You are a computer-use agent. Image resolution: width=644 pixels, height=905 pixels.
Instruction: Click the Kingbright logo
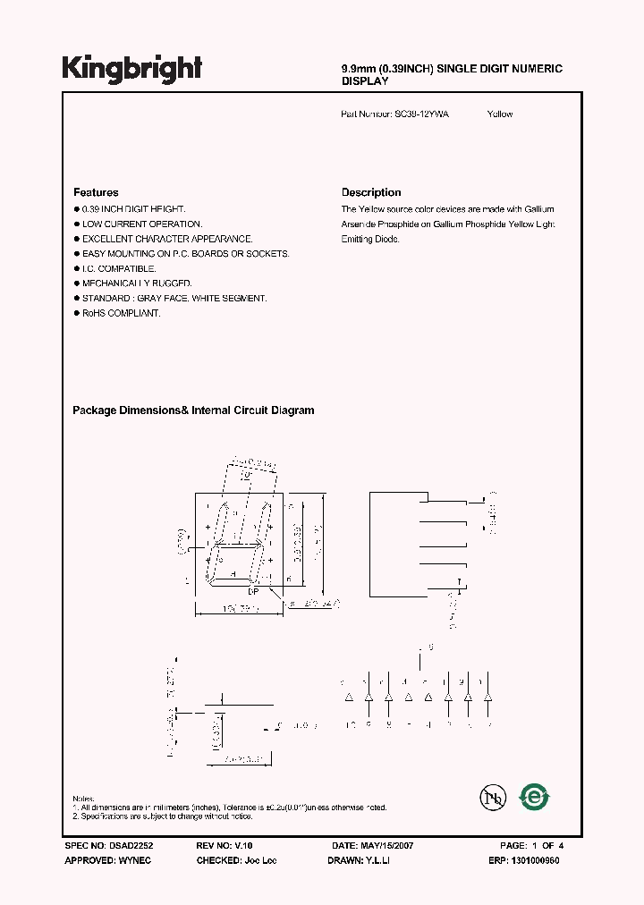(x=131, y=68)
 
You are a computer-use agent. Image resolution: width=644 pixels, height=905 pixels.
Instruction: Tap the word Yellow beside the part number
(x=500, y=114)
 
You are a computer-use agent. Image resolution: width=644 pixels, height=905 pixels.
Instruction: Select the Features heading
(x=96, y=192)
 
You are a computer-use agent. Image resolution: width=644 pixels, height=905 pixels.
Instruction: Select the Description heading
(x=371, y=192)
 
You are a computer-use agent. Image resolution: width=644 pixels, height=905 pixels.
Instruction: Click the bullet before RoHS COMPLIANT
(x=76, y=314)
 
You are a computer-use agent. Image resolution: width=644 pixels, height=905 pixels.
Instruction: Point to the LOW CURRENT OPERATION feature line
(x=142, y=224)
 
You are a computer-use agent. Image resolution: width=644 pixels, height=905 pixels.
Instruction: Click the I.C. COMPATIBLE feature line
(x=119, y=268)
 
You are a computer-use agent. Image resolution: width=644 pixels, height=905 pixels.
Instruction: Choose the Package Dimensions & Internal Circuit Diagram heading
(x=193, y=410)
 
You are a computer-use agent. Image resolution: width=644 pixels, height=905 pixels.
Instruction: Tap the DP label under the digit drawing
(x=253, y=592)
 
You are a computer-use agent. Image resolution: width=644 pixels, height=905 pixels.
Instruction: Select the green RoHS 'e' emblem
(x=536, y=797)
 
